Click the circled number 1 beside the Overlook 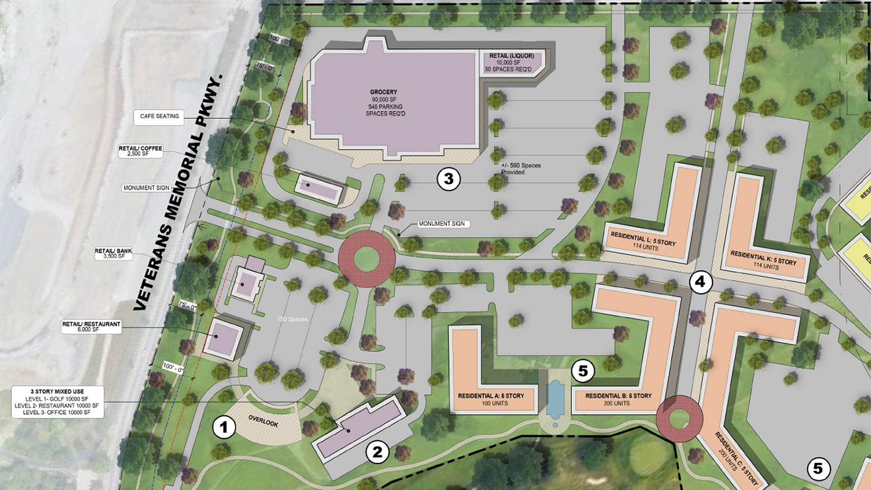(x=224, y=428)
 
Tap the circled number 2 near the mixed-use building (x=378, y=452)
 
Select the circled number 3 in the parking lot (x=448, y=179)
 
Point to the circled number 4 (x=701, y=283)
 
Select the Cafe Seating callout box (x=160, y=116)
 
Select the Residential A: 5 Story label (x=491, y=396)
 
